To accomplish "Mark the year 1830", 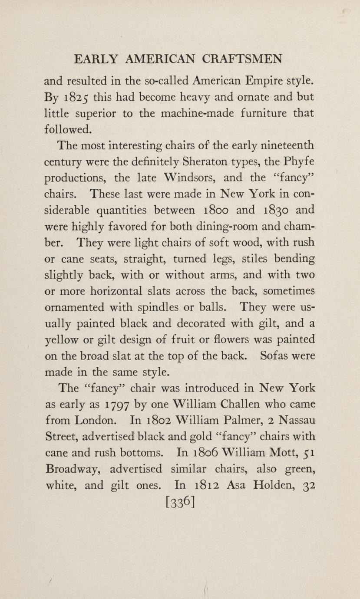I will (x=276, y=210).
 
